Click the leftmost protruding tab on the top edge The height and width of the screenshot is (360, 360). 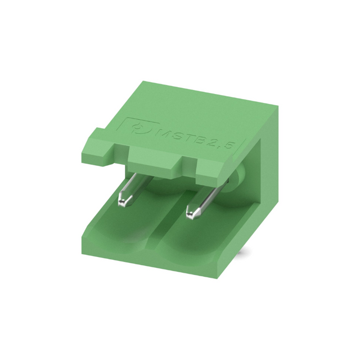(x=97, y=147)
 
